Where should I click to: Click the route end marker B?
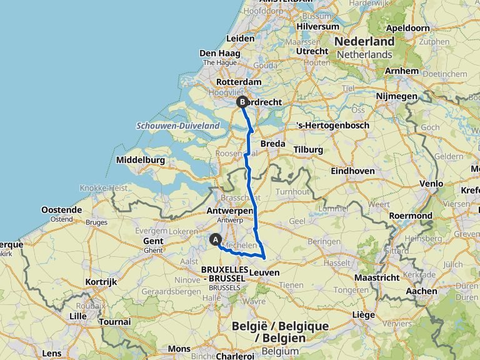242,102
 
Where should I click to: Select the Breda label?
272,143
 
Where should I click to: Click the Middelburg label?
141,161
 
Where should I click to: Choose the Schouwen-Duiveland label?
178,126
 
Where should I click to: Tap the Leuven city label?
264,272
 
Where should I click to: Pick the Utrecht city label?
312,51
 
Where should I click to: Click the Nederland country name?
366,41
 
